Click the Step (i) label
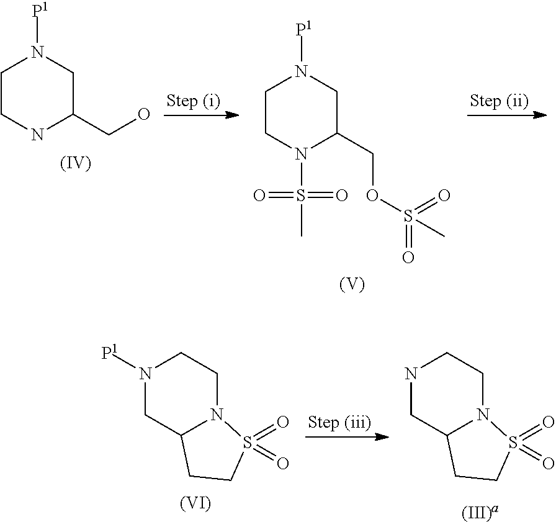coord(193,102)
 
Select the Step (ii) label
coord(499,101)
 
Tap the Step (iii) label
coord(340,423)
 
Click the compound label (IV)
coord(75,164)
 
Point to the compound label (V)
coord(352,284)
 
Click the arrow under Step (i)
coord(202,115)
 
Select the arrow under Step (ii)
coord(506,115)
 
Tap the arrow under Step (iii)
coord(347,438)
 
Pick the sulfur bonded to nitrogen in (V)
coord(301,196)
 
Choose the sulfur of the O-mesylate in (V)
coord(408,217)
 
